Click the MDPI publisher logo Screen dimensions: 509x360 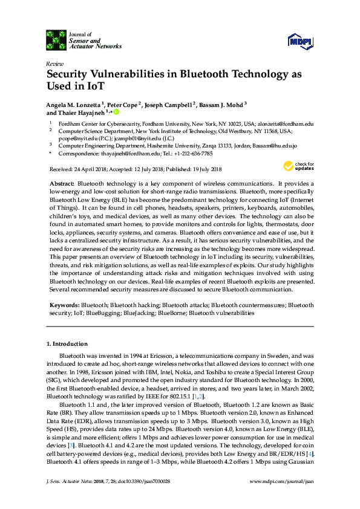click(300, 42)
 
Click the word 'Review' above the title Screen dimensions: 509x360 click(54, 63)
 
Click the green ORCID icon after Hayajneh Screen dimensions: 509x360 click(116, 112)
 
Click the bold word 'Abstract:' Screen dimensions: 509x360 click(62, 183)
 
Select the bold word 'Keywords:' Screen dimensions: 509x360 click(64, 306)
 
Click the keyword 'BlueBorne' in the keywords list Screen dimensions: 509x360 click(171, 314)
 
